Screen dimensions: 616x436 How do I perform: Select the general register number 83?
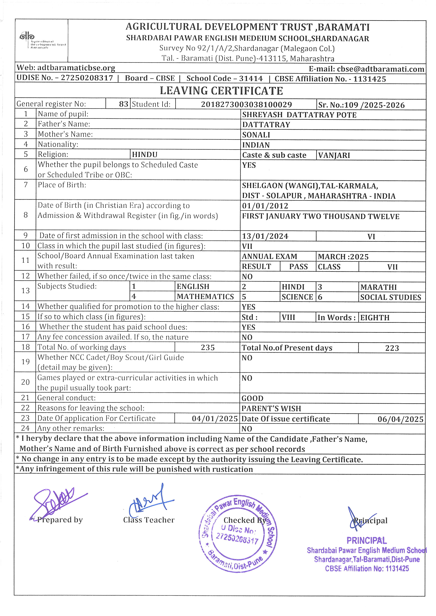(123, 104)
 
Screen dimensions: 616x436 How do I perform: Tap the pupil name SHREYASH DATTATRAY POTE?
(299, 115)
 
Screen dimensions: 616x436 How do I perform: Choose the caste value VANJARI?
(334, 155)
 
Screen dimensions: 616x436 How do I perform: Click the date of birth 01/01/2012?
(265, 206)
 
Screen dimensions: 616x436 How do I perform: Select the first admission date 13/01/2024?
(265, 236)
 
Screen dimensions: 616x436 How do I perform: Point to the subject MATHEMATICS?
(205, 297)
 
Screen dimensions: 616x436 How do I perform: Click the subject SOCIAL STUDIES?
(391, 297)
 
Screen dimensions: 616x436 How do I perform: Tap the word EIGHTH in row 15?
(375, 318)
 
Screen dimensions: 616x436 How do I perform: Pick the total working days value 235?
(208, 348)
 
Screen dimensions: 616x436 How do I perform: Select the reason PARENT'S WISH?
(271, 409)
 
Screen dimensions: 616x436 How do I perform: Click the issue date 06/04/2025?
(400, 419)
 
